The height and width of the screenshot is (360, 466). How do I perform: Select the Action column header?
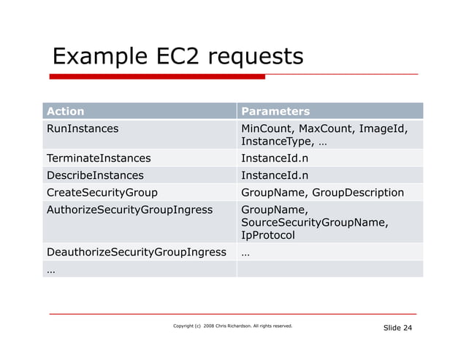pyautogui.click(x=66, y=112)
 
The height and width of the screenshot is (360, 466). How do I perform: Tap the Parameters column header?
pyautogui.click(x=275, y=112)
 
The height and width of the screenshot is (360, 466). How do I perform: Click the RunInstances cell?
pyautogui.click(x=83, y=129)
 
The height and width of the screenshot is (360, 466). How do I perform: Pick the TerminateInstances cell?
pyautogui.click(x=99, y=158)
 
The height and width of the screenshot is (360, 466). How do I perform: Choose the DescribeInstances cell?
pyautogui.click(x=95, y=175)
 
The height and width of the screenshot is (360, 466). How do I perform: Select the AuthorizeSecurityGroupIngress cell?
pyautogui.click(x=129, y=210)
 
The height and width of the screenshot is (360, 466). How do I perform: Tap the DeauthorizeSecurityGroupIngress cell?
pyautogui.click(x=137, y=253)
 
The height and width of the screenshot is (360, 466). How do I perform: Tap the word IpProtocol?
pyautogui.click(x=268, y=236)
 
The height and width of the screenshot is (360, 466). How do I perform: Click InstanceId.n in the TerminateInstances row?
pyautogui.click(x=275, y=158)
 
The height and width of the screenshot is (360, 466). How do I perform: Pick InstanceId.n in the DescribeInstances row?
pyautogui.click(x=275, y=175)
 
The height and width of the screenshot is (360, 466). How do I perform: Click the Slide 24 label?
pyautogui.click(x=397, y=328)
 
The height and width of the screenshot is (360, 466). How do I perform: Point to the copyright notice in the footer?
pyautogui.click(x=232, y=326)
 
